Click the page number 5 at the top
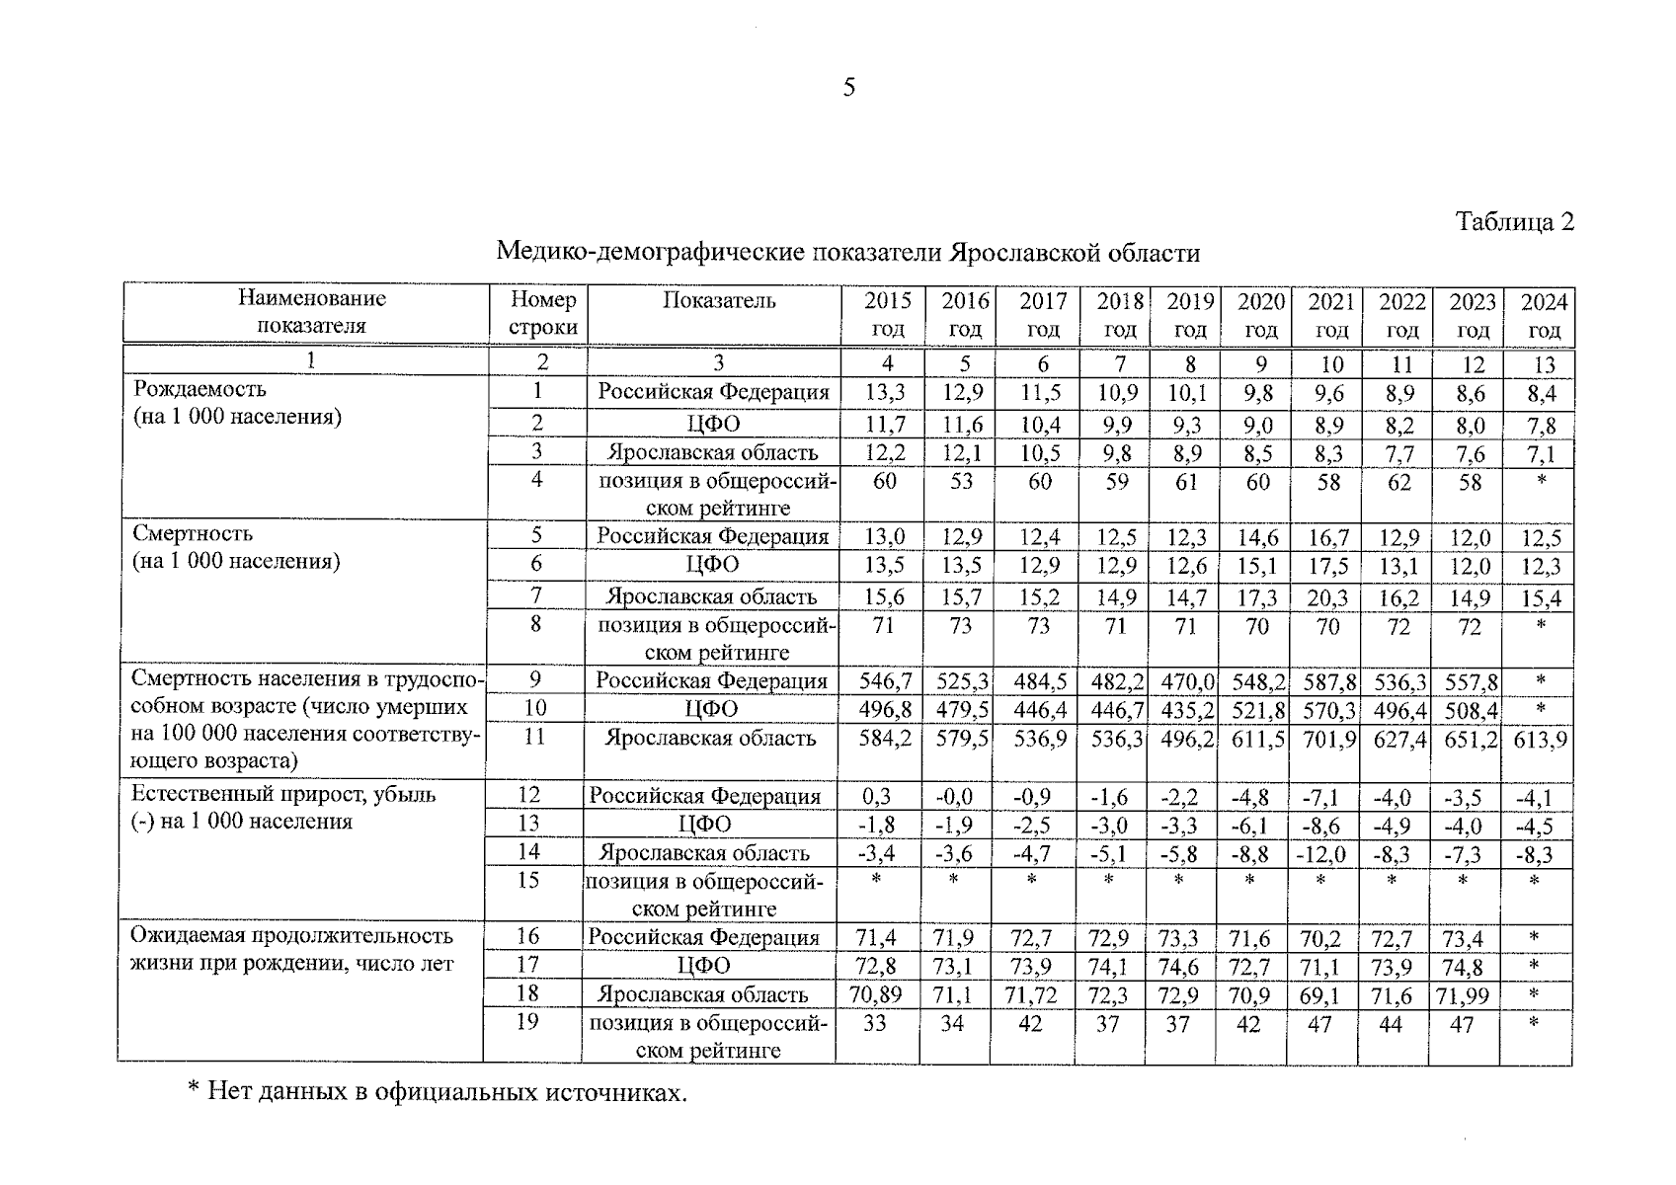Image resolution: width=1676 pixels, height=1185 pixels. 848,88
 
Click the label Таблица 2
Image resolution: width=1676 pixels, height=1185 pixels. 1514,221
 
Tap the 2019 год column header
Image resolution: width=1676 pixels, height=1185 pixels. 1189,314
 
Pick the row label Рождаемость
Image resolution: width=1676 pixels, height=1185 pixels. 200,389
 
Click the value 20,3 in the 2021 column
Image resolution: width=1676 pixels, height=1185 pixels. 1326,597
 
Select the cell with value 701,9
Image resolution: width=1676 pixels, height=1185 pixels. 1326,740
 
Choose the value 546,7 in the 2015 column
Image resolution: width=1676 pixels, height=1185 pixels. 885,681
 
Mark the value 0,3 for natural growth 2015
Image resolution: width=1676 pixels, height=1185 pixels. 876,797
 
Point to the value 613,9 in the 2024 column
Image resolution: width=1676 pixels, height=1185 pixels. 1539,740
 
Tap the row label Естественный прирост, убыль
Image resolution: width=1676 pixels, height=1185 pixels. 283,794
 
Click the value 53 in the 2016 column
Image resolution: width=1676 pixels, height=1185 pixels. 961,482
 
